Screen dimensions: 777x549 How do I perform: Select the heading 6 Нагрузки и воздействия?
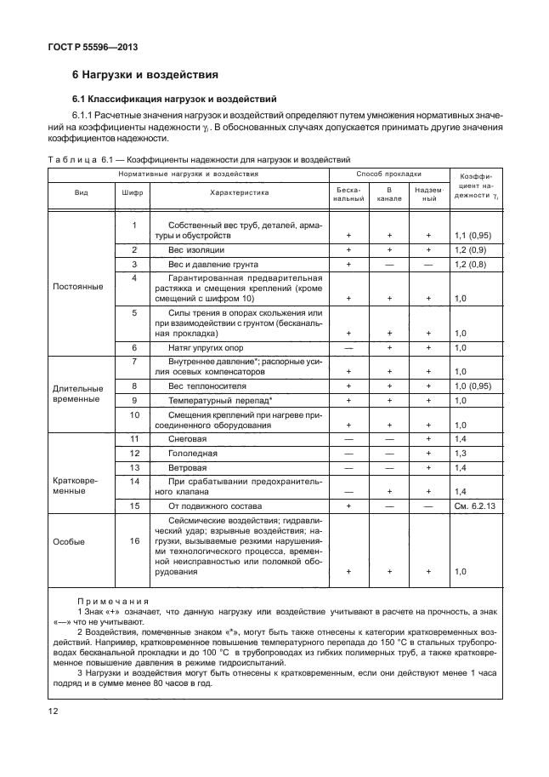[145, 75]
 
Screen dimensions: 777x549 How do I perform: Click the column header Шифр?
[133, 192]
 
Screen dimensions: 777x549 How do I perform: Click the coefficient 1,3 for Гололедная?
[461, 453]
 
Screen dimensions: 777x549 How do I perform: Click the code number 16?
[133, 540]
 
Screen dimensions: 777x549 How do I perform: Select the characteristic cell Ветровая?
[188, 468]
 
